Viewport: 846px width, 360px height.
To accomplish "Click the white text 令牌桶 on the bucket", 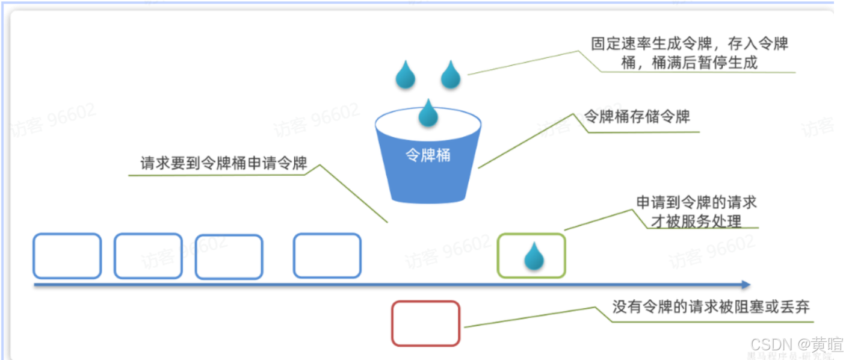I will click(428, 155).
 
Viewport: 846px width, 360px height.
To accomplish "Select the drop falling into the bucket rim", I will click(428, 113).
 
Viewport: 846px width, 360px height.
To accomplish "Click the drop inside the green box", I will click(534, 256).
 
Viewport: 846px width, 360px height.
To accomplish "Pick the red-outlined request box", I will click(425, 323).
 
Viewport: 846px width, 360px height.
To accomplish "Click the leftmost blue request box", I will click(67, 256).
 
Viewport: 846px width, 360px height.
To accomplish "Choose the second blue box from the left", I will click(148, 256).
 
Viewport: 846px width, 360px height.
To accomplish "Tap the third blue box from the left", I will click(229, 257).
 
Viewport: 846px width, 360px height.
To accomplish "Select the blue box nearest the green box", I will click(327, 256).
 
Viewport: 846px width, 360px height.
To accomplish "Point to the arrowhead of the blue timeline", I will click(746, 285).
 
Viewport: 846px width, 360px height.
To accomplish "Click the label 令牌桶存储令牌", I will click(637, 116).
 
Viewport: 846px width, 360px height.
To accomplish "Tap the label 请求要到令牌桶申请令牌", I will click(224, 163).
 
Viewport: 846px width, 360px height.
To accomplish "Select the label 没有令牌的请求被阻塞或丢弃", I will click(711, 307).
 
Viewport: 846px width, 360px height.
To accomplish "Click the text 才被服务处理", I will click(696, 221).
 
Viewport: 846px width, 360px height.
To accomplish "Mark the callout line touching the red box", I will click(530, 317).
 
